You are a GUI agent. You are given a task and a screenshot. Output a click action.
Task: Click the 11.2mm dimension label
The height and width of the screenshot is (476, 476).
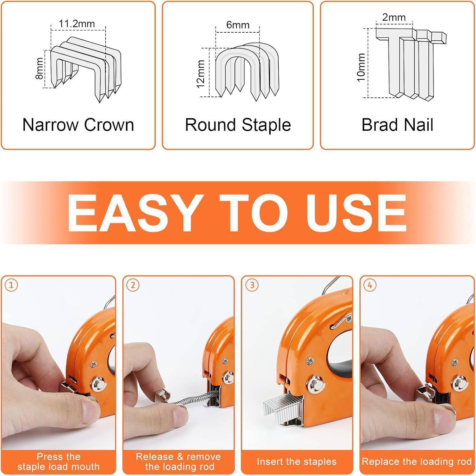point(77,23)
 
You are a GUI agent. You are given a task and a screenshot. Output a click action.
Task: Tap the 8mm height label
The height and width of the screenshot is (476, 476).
point(39,69)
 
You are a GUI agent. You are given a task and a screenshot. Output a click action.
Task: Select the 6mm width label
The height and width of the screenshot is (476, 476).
point(238,25)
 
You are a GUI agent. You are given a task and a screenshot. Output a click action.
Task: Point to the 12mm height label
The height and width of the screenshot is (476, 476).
point(201,74)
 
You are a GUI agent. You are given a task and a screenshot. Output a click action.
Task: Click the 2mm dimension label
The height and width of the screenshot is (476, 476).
point(394,17)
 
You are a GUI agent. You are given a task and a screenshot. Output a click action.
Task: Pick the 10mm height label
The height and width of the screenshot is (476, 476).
point(361,67)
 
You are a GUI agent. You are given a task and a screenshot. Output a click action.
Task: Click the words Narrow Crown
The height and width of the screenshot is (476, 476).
point(78,125)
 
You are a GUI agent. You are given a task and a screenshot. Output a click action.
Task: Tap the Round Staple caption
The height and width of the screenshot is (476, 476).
point(238,125)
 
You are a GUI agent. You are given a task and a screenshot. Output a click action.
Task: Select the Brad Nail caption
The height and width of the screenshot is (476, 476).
point(397,125)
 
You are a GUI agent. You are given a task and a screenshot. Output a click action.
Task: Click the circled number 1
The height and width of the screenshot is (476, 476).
point(11,285)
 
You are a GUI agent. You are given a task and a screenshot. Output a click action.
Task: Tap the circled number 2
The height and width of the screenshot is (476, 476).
point(133,285)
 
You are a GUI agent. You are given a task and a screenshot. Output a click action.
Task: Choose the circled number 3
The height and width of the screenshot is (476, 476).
point(252,285)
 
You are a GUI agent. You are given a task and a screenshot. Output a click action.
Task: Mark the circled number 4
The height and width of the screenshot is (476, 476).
point(370,285)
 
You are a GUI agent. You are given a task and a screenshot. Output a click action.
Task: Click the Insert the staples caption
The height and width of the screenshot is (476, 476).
point(297,461)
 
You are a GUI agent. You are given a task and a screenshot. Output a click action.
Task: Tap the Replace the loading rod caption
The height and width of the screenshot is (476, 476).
point(416,461)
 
